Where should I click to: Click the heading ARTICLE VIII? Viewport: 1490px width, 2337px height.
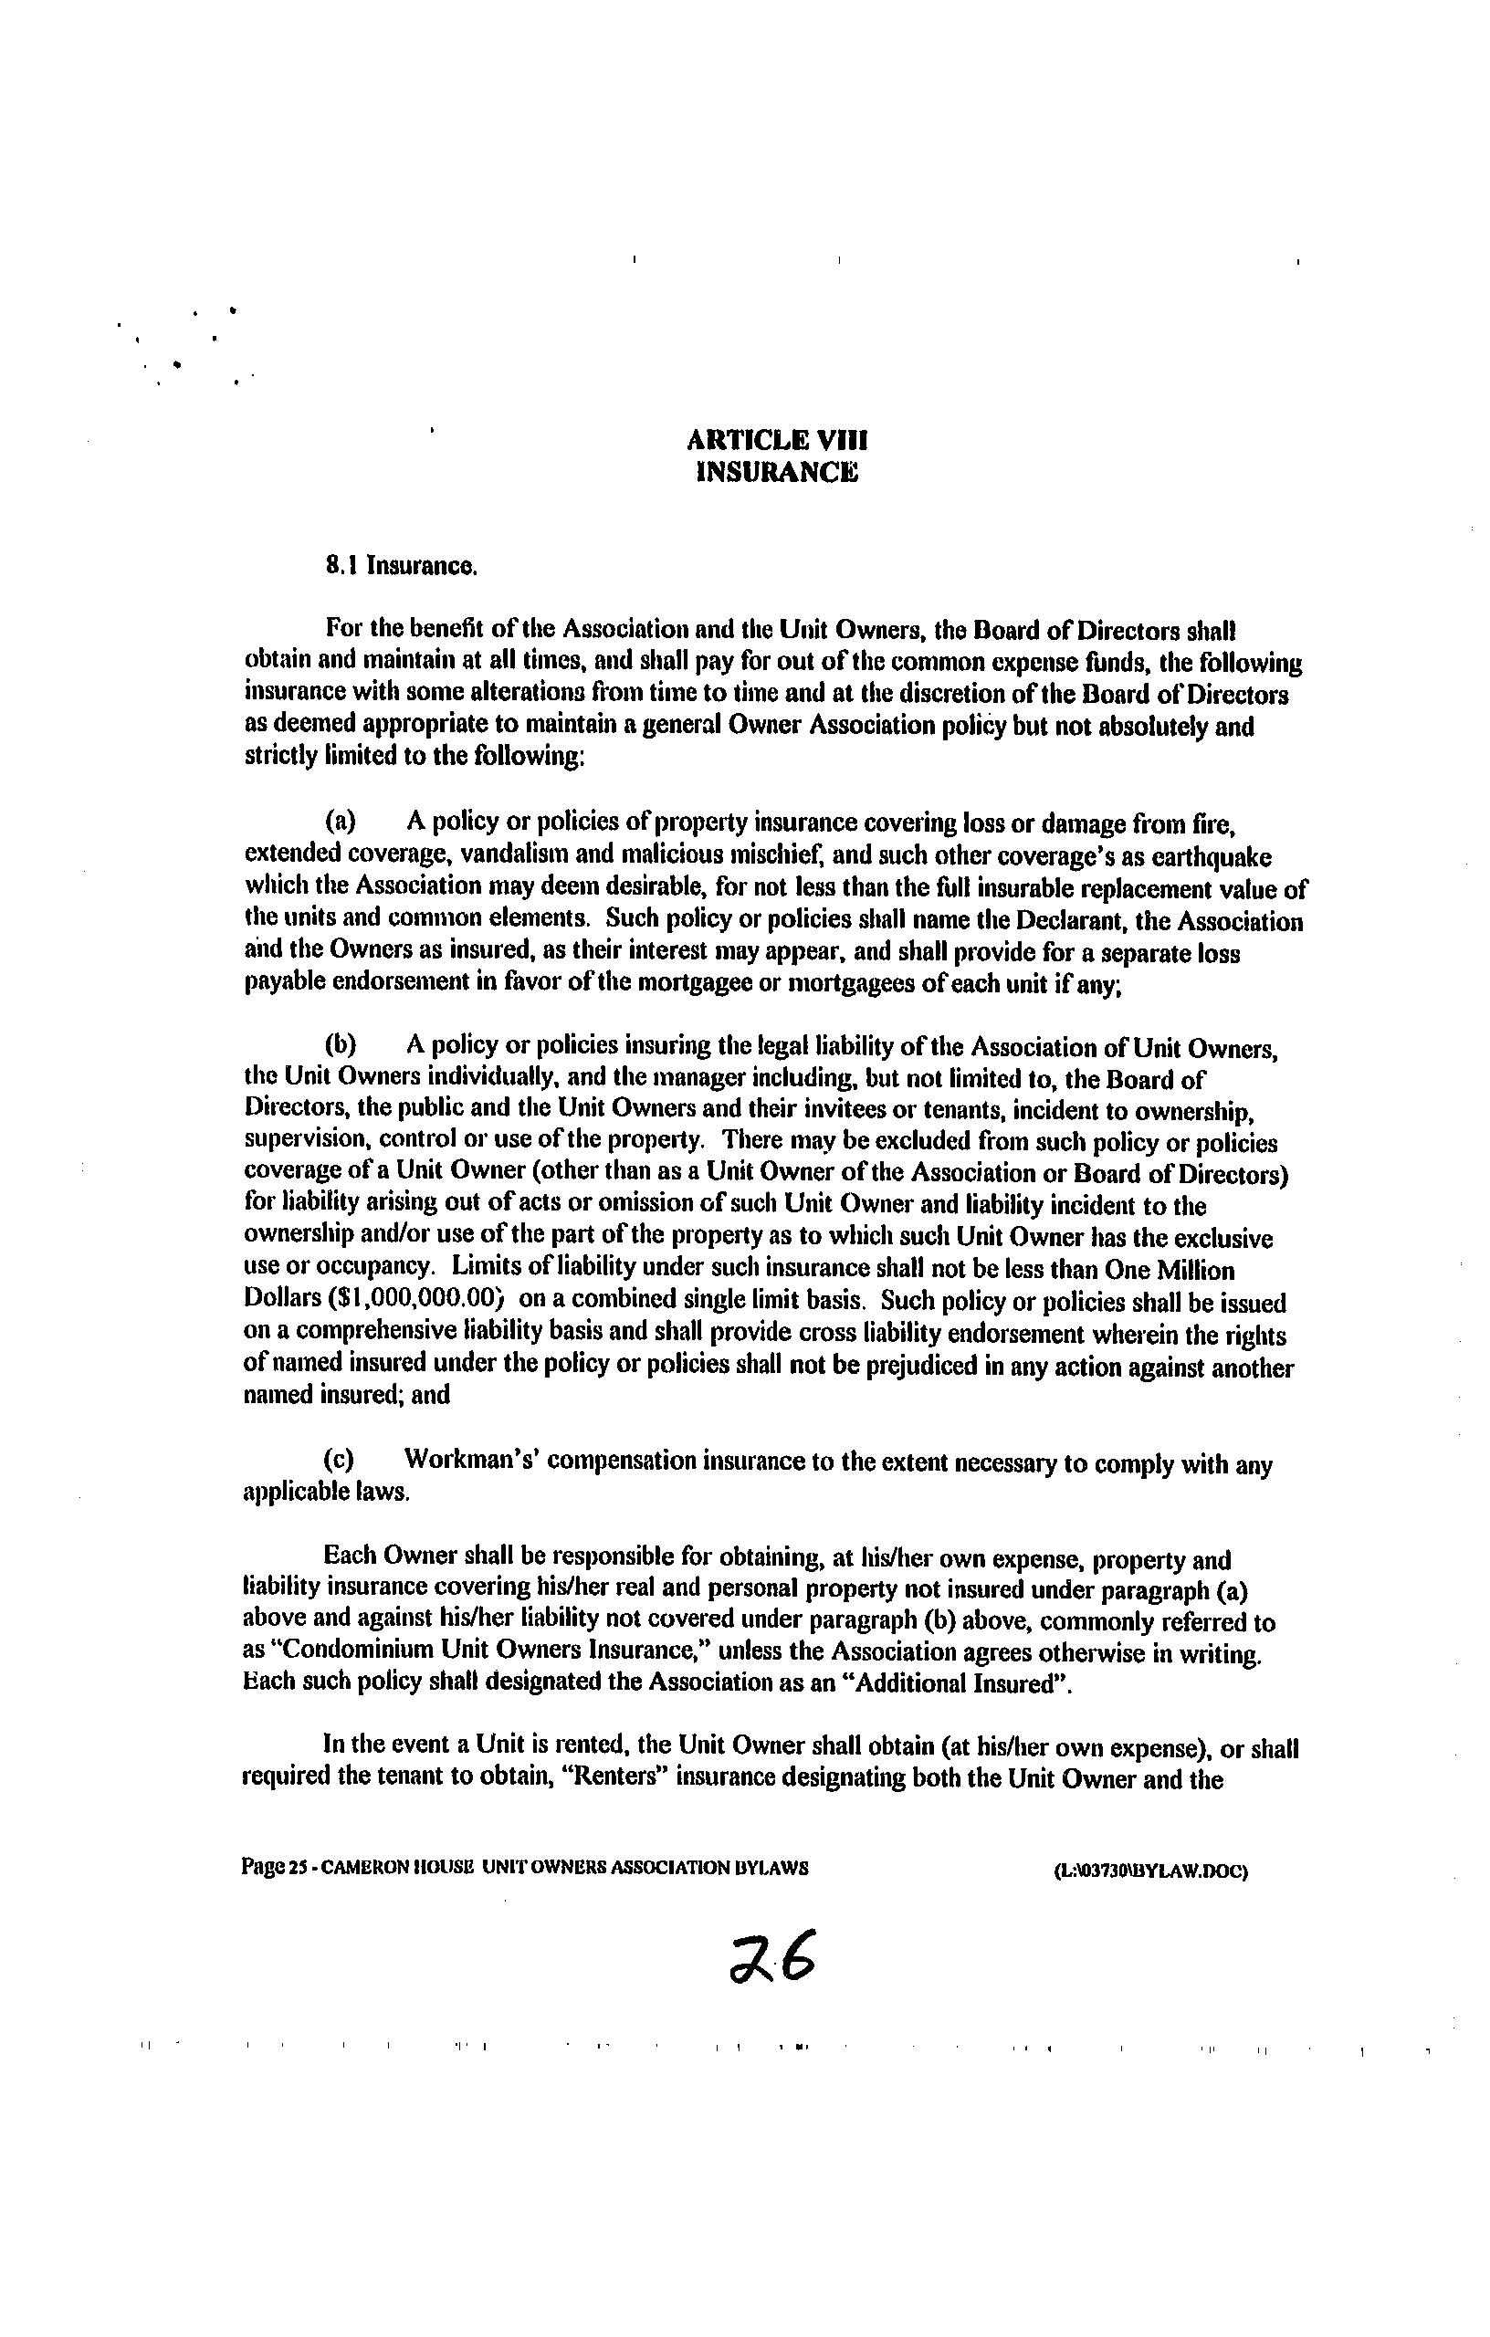click(x=777, y=441)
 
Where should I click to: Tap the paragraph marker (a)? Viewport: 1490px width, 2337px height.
click(x=340, y=822)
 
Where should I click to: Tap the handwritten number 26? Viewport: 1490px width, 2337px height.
click(x=773, y=1956)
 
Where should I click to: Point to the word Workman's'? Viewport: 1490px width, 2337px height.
click(x=470, y=1461)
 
